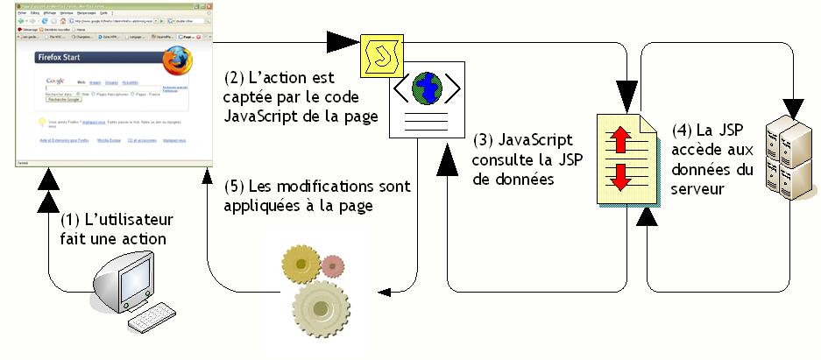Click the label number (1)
(x=73, y=219)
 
